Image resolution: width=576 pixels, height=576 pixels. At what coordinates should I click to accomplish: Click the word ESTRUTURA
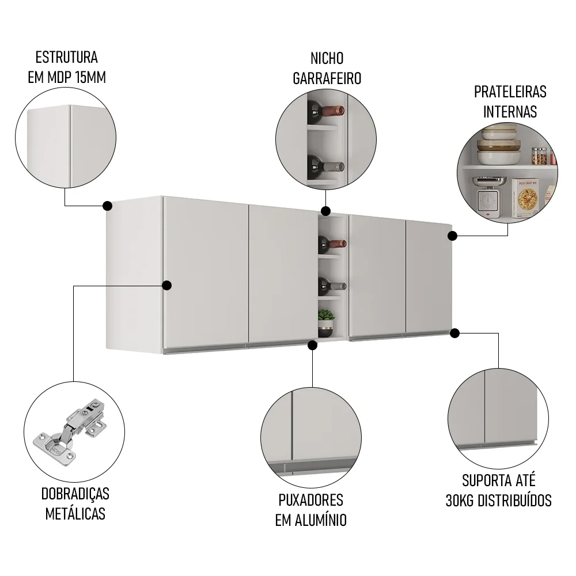pyautogui.click(x=66, y=58)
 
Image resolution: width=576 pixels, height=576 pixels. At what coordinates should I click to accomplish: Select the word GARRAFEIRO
pyautogui.click(x=327, y=78)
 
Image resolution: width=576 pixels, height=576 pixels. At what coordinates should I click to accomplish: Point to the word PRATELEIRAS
pyautogui.click(x=510, y=92)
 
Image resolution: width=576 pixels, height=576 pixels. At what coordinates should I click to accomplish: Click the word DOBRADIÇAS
pyautogui.click(x=75, y=494)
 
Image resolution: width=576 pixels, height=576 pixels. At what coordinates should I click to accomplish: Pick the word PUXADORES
pyautogui.click(x=310, y=499)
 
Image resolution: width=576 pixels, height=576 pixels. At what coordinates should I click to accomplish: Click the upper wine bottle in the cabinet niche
pyautogui.click(x=332, y=244)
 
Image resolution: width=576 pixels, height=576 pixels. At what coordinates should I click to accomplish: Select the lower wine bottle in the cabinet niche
pyautogui.click(x=332, y=285)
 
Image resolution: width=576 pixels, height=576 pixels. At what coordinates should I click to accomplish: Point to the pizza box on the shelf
pyautogui.click(x=525, y=198)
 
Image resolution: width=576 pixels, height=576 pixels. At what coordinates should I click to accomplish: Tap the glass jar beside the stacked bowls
pyautogui.click(x=539, y=156)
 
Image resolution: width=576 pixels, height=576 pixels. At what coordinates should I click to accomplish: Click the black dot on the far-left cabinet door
pyautogui.click(x=167, y=285)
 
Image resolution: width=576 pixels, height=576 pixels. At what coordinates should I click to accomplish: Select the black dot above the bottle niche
pyautogui.click(x=325, y=211)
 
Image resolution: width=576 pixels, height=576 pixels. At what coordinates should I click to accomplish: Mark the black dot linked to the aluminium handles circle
pyautogui.click(x=312, y=345)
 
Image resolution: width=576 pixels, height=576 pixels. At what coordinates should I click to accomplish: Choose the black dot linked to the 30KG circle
pyautogui.click(x=454, y=333)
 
